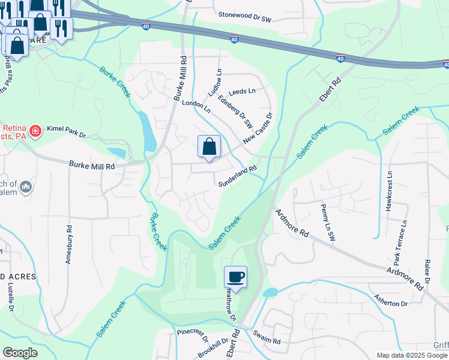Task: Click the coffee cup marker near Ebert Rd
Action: tap(235, 277)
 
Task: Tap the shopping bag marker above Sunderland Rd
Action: tap(209, 146)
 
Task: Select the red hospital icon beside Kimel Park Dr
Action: tap(35, 130)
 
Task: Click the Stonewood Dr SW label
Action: tap(245, 19)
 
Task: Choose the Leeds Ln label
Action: tap(243, 91)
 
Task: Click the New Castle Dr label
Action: tap(258, 128)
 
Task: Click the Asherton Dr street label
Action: tap(391, 301)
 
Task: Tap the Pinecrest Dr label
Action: tap(192, 331)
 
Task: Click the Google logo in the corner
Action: tap(20, 353)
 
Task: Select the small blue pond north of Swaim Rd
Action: tap(270, 292)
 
